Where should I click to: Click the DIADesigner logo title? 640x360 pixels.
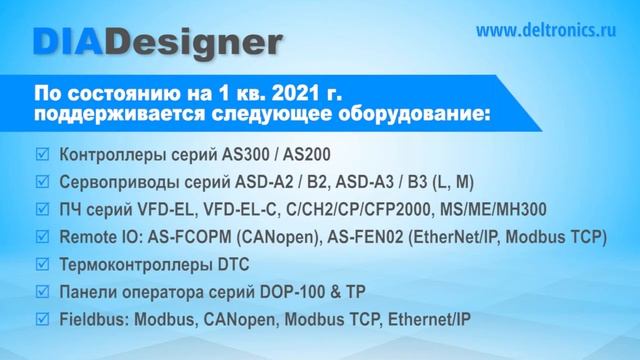tap(156, 41)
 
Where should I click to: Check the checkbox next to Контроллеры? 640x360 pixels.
tap(41, 156)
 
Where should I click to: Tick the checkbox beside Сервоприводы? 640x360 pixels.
tap(41, 183)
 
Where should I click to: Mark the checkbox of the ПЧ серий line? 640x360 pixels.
tap(41, 210)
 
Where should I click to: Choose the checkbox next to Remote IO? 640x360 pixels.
tap(41, 237)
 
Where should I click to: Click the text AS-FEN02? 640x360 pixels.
tap(362, 238)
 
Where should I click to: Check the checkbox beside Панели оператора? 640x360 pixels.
tap(41, 292)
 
